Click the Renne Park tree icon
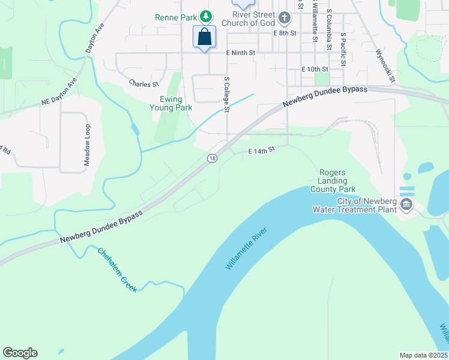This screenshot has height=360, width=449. click(x=206, y=17)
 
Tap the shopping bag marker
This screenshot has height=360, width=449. click(x=205, y=37)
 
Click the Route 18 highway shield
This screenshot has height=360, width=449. click(x=212, y=158)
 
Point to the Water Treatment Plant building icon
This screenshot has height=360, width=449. click(x=406, y=205)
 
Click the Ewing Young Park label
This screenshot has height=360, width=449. click(x=171, y=104)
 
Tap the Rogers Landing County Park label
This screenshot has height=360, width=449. click(x=333, y=180)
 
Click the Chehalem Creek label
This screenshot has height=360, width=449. click(x=117, y=269)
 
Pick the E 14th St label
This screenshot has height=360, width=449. click(x=261, y=151)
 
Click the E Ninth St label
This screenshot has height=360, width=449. click(x=241, y=53)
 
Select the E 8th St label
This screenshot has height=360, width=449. click(x=285, y=33)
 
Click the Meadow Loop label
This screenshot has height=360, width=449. click(x=87, y=145)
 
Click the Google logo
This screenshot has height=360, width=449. click(x=20, y=353)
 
